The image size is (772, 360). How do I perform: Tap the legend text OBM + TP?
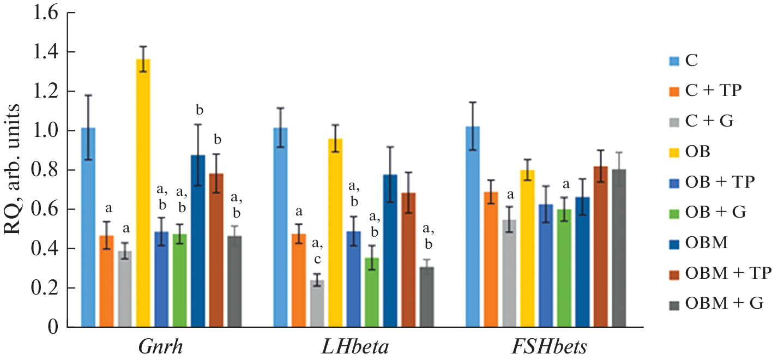(x=728, y=272)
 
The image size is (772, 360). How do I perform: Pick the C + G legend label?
(x=709, y=121)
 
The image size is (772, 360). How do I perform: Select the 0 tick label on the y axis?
(x=53, y=327)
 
